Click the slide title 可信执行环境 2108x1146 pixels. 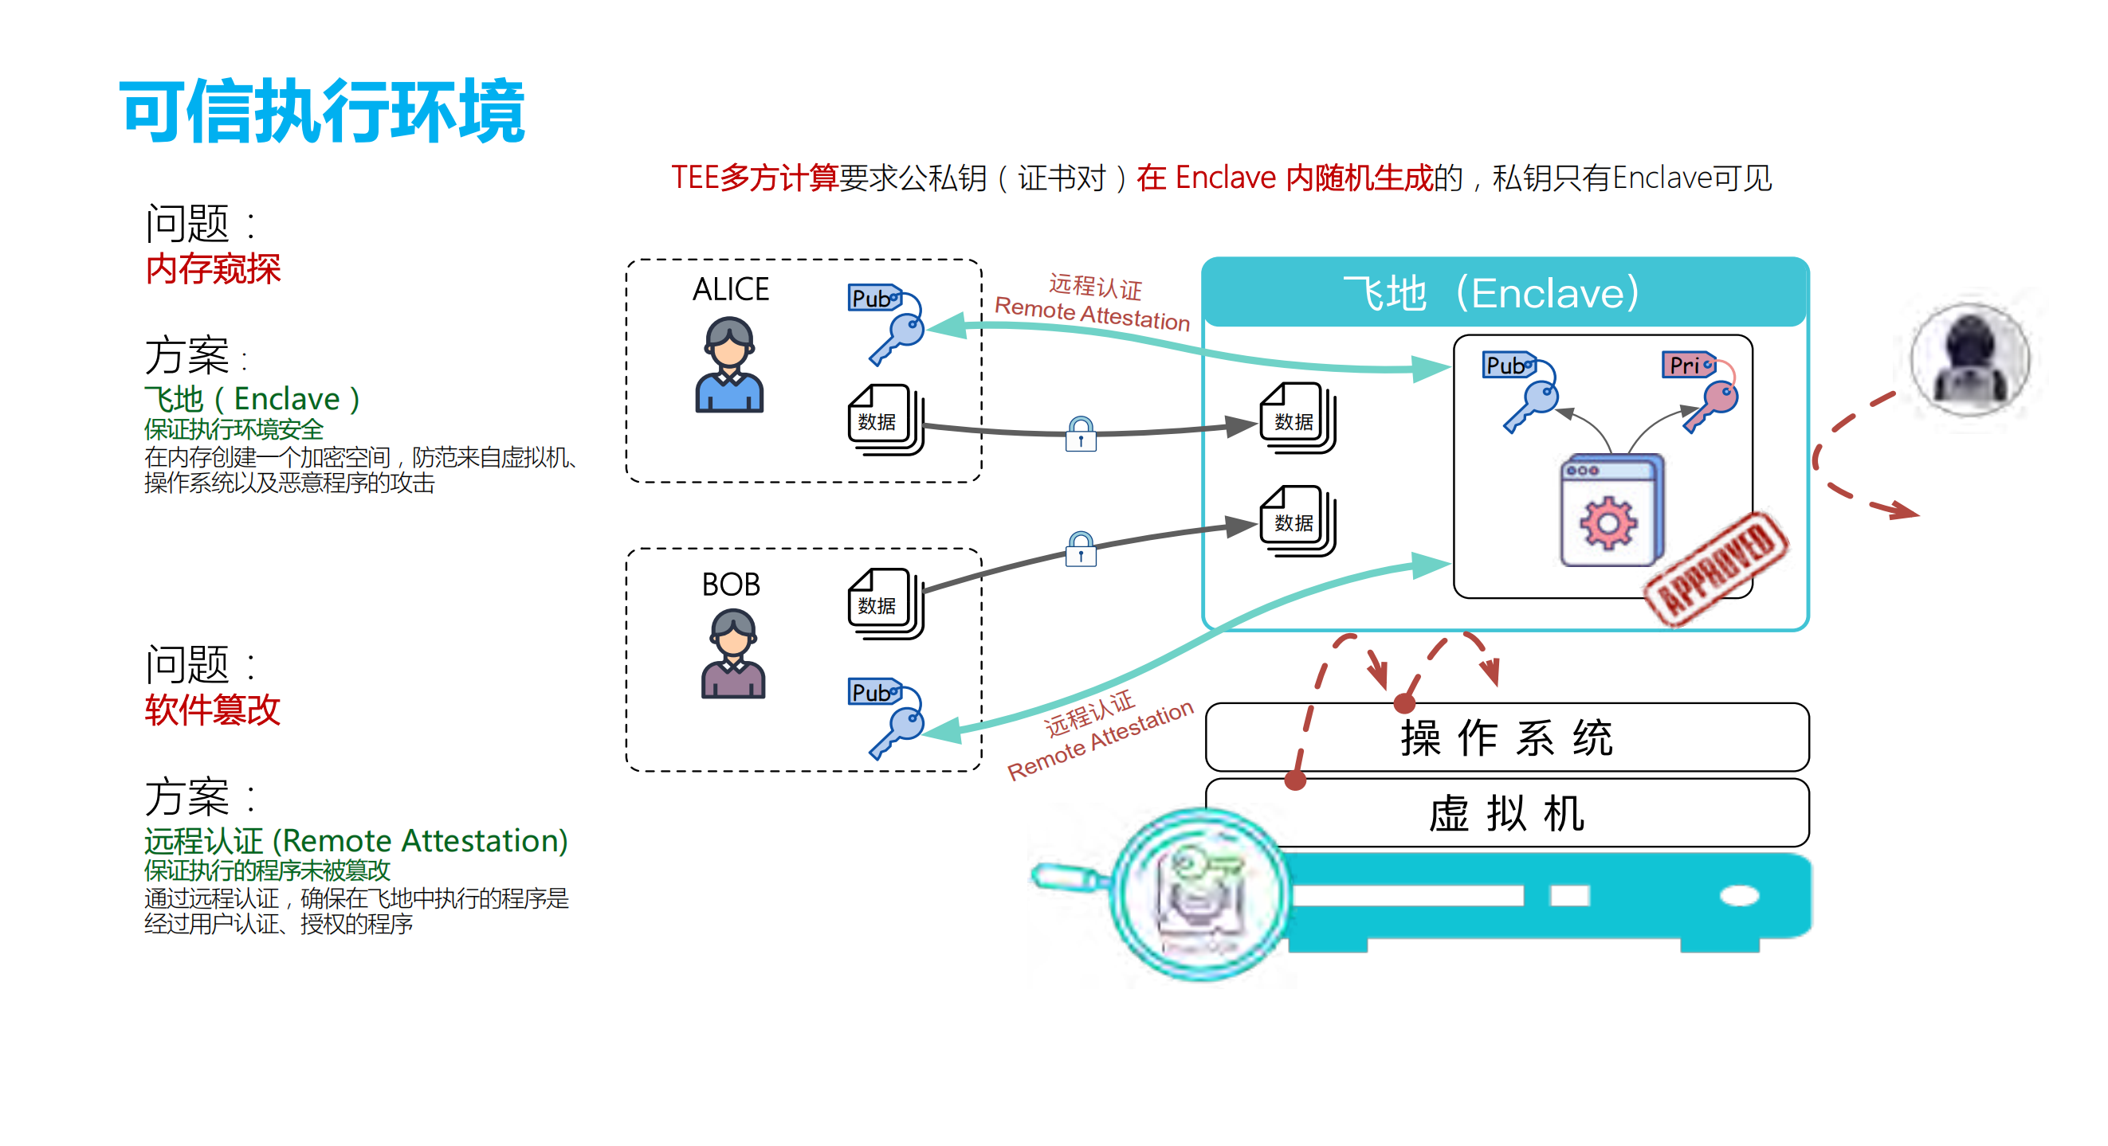[323, 111]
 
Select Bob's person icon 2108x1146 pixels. [732, 654]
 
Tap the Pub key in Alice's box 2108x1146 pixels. [888, 323]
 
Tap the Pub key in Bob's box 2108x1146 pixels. [888, 716]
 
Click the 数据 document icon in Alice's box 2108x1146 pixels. [884, 419]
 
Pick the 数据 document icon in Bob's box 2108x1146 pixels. [884, 603]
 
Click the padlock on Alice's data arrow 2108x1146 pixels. [1080, 433]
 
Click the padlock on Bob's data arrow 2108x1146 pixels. [1080, 549]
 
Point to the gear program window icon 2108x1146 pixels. [1611, 510]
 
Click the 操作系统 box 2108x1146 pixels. [1505, 737]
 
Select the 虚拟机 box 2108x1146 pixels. [1505, 812]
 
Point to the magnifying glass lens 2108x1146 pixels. [1199, 894]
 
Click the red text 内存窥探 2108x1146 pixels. [213, 269]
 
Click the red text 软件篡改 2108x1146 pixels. [213, 710]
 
